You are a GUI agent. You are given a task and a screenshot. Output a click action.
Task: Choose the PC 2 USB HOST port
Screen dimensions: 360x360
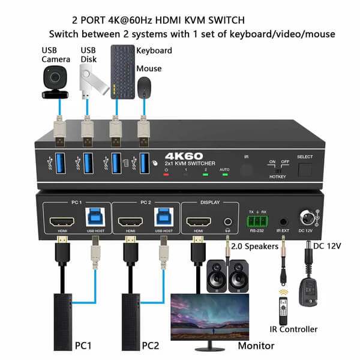164,218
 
